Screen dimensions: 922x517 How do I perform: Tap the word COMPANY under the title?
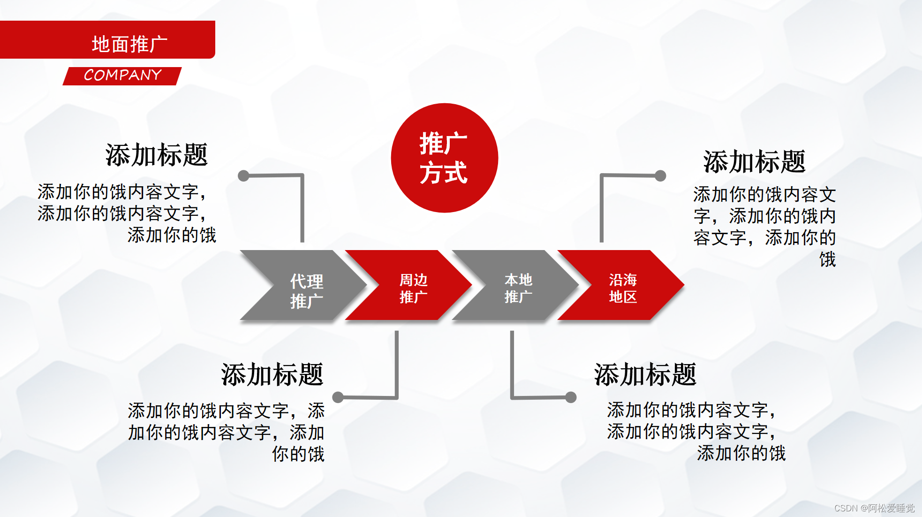tap(122, 75)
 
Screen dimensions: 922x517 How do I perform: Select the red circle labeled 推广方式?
tap(444, 158)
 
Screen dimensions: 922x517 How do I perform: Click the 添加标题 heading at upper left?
tap(156, 155)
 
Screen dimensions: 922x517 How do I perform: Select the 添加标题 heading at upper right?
tap(754, 162)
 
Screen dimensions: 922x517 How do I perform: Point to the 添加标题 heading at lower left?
tap(272, 374)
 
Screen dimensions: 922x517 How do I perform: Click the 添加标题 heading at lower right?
tap(645, 374)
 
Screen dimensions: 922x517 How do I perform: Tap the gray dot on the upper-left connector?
tap(243, 176)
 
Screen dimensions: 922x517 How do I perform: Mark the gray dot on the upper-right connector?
tap(660, 176)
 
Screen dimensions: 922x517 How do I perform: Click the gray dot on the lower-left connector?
tap(338, 397)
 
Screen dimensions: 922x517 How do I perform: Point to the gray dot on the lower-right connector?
tap(571, 397)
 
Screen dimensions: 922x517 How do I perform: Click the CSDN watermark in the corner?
tap(874, 508)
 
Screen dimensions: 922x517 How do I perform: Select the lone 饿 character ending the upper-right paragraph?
tap(827, 259)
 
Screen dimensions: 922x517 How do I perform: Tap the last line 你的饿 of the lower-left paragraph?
tap(298, 454)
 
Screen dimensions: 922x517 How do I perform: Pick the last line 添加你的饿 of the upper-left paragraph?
tap(172, 235)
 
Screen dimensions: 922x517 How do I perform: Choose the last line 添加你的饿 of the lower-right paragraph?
tap(741, 453)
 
